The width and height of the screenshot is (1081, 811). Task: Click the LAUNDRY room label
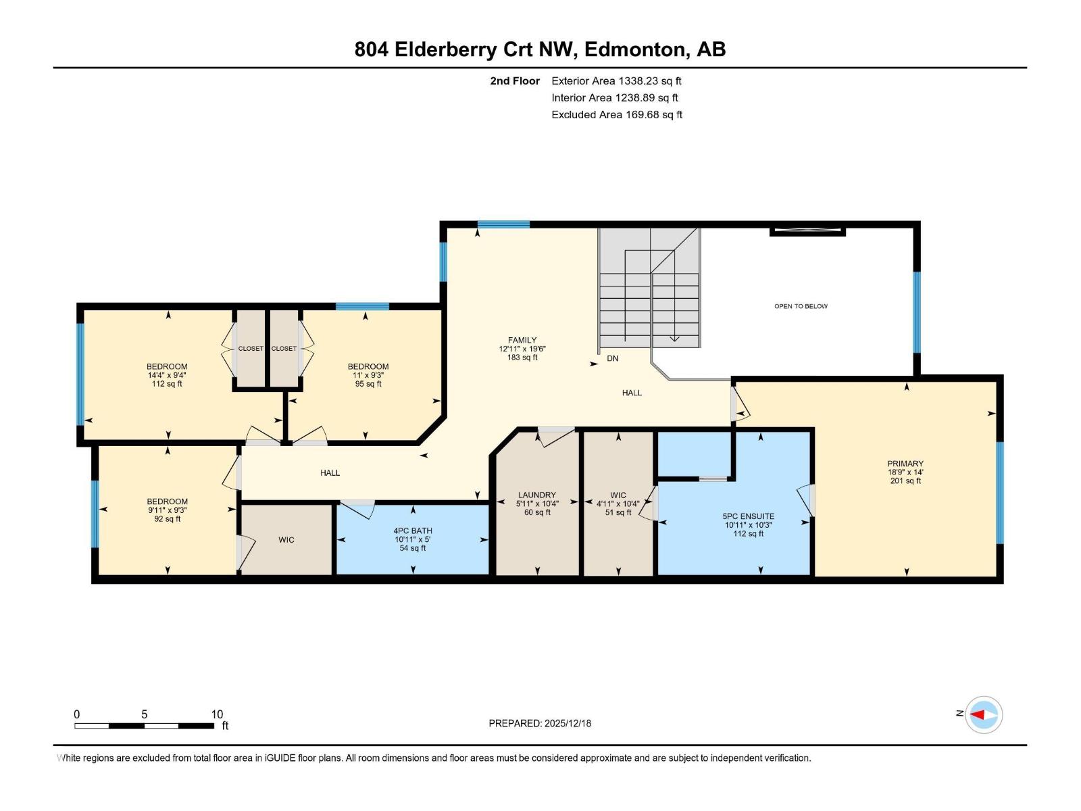coord(537,495)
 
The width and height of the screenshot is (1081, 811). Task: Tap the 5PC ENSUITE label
coord(748,516)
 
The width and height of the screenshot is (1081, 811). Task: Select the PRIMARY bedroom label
coord(905,464)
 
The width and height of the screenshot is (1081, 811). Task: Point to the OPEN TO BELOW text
coord(801,306)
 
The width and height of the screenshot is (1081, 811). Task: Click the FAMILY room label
coord(522,340)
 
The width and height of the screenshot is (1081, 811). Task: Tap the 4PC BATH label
coord(413,531)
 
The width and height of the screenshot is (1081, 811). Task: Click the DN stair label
coord(612,358)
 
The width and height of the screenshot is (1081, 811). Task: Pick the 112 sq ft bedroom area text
coord(167,384)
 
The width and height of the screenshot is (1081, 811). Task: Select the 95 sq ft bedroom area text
coord(368,384)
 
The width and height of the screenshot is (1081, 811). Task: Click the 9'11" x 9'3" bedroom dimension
coord(168,510)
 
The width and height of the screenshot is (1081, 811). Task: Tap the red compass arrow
coord(976,714)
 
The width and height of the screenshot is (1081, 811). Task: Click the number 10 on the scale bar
coord(217,714)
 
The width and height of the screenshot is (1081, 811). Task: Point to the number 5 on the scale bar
coord(145,714)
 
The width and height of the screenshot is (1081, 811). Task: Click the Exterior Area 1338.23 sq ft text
coord(617,80)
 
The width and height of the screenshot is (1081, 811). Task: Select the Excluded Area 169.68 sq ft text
coord(617,115)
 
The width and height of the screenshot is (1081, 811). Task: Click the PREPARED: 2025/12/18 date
coord(540,723)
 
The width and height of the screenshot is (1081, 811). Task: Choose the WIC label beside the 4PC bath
coord(286,540)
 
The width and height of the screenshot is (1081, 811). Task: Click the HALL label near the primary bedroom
coord(631,393)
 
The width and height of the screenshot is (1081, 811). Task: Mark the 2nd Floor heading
coord(515,80)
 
